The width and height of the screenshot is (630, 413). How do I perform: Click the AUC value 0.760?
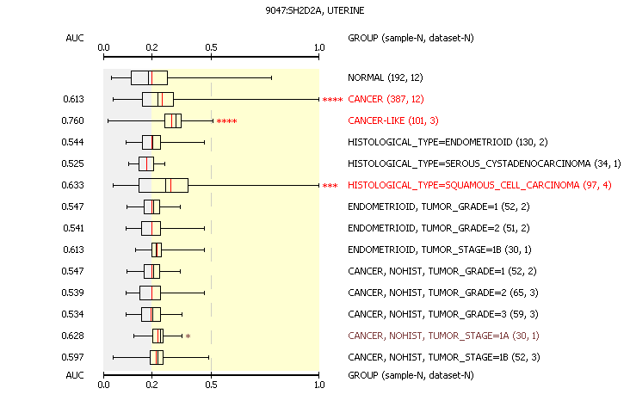coord(73,120)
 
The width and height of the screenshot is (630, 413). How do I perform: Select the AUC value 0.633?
coord(73,185)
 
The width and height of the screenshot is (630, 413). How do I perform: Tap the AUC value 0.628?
coord(73,336)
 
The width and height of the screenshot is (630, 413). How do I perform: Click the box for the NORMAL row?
coord(149,77)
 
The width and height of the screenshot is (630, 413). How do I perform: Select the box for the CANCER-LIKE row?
coord(173,120)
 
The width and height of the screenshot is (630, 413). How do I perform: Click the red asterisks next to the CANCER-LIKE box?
coord(226,121)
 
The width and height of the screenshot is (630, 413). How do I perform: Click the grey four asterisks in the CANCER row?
coord(332,100)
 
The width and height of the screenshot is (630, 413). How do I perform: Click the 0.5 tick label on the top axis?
coord(212,48)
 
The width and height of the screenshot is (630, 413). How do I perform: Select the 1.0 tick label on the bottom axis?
coord(319,386)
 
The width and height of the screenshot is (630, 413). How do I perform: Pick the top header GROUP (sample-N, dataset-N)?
coord(411,38)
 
